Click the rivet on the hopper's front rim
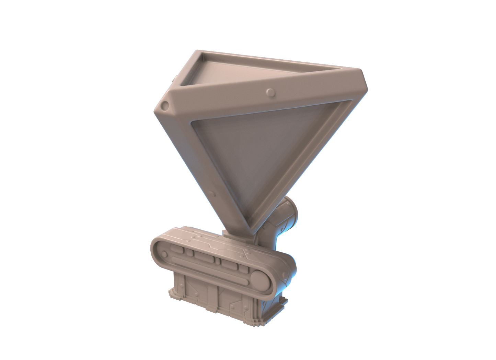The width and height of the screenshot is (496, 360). click(x=270, y=93)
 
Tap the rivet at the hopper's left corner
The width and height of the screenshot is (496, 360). click(x=165, y=104)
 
